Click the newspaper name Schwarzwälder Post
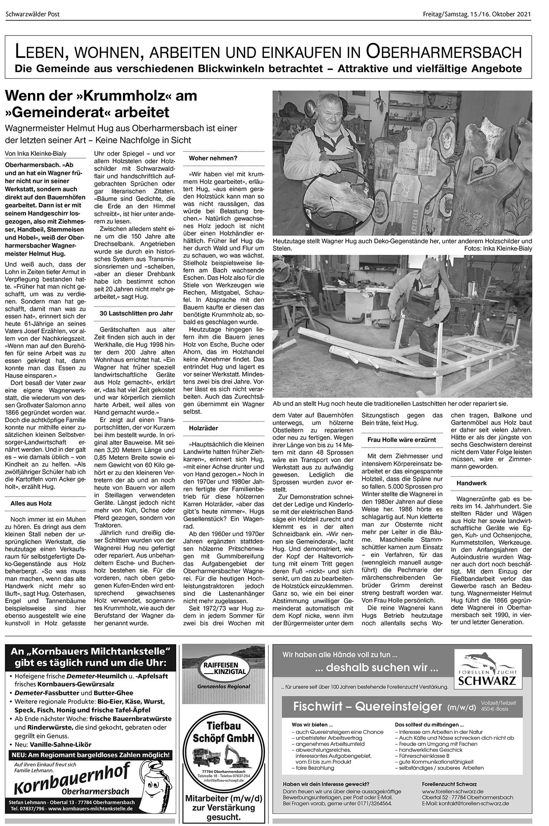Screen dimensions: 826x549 point(33,14)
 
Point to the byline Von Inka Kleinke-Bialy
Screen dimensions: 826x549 point(35,154)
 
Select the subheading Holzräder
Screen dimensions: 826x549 point(204,428)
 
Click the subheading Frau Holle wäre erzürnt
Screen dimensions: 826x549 point(401,440)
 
